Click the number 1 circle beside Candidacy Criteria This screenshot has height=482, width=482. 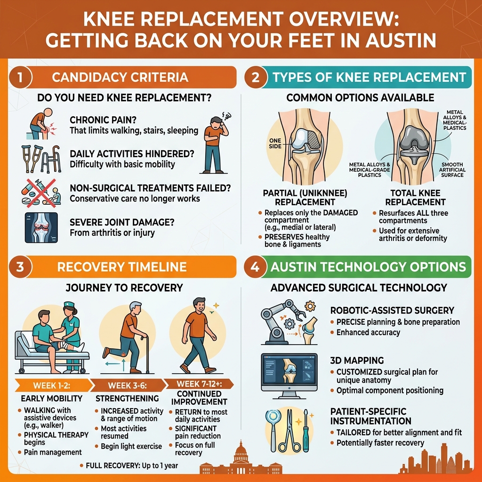(19, 77)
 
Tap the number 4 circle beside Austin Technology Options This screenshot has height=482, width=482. (255, 267)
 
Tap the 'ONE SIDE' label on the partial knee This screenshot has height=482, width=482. (274, 143)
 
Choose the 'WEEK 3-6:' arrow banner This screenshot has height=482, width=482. (126, 385)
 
